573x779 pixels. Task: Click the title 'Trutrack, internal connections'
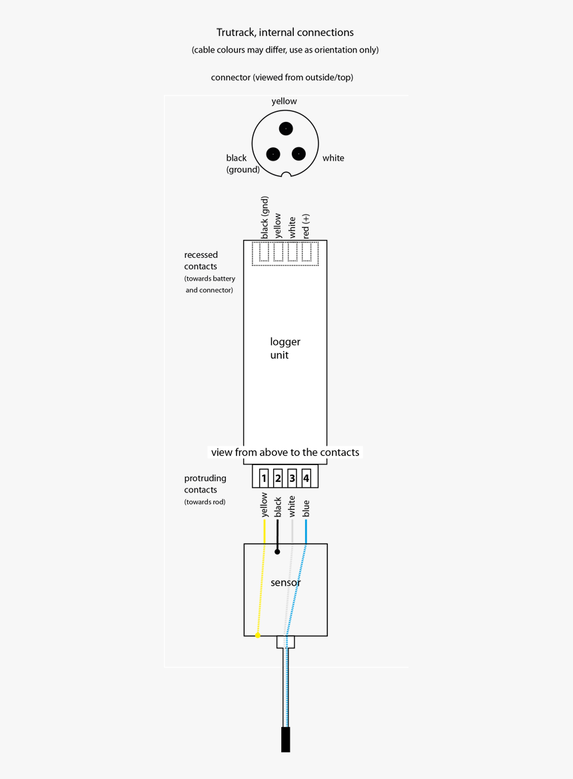285,33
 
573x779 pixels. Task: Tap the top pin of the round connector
286,128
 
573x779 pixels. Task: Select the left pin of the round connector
273,154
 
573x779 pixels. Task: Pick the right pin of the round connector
298,154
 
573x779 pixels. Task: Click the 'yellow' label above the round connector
285,101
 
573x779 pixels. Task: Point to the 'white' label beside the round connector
333,158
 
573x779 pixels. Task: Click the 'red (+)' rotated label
306,227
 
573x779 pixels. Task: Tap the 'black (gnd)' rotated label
265,217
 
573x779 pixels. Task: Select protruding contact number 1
264,478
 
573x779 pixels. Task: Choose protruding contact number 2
278,478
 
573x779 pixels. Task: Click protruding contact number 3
292,478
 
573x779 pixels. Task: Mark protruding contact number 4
306,478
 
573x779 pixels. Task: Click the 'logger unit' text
285,349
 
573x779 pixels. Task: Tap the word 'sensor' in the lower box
285,582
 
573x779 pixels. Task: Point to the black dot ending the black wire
277,552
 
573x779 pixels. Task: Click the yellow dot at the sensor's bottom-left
258,636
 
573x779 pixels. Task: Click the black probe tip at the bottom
285,740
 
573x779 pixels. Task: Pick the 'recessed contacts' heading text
201,261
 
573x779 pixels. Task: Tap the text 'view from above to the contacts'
285,452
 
